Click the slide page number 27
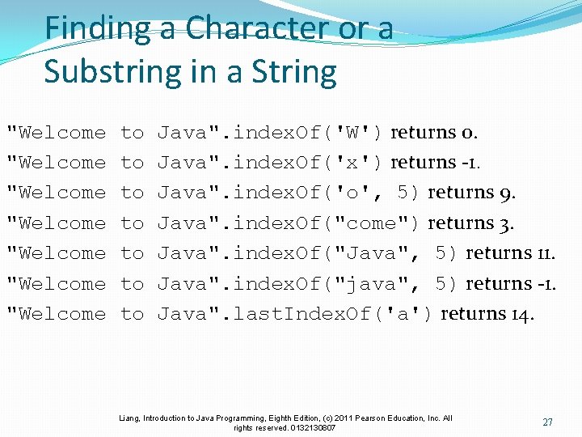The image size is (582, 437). (x=547, y=422)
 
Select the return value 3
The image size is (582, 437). (x=508, y=223)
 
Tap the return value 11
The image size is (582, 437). (x=546, y=253)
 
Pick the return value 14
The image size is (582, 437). (x=525, y=314)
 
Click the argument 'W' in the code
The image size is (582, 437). (x=358, y=132)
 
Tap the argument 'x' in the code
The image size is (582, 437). (x=358, y=163)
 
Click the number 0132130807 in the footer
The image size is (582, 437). (x=310, y=427)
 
